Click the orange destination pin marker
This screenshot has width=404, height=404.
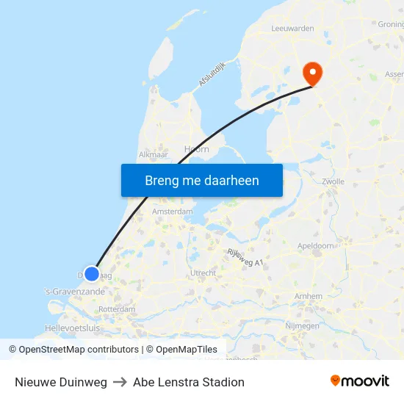coord(312,73)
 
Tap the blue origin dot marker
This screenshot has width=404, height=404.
coord(91,274)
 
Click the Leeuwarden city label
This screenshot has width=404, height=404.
coord(292,29)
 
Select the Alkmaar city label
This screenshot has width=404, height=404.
coord(154,155)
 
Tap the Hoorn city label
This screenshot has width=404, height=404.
coord(196,149)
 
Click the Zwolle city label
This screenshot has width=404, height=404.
coord(333,181)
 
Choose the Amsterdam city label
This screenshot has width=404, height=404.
coord(172,212)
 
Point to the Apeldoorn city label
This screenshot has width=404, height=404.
coord(316,245)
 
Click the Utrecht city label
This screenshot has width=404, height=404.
coord(203,273)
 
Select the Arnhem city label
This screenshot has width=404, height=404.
coord(307,296)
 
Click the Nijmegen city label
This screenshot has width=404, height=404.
coord(301,325)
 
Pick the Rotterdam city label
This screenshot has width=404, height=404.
coord(116,309)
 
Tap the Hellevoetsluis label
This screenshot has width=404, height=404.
coord(72,328)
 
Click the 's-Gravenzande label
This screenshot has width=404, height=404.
coord(73,292)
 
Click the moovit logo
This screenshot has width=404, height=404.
coord(359,381)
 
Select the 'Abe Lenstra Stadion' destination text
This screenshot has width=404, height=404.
coord(189,382)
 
